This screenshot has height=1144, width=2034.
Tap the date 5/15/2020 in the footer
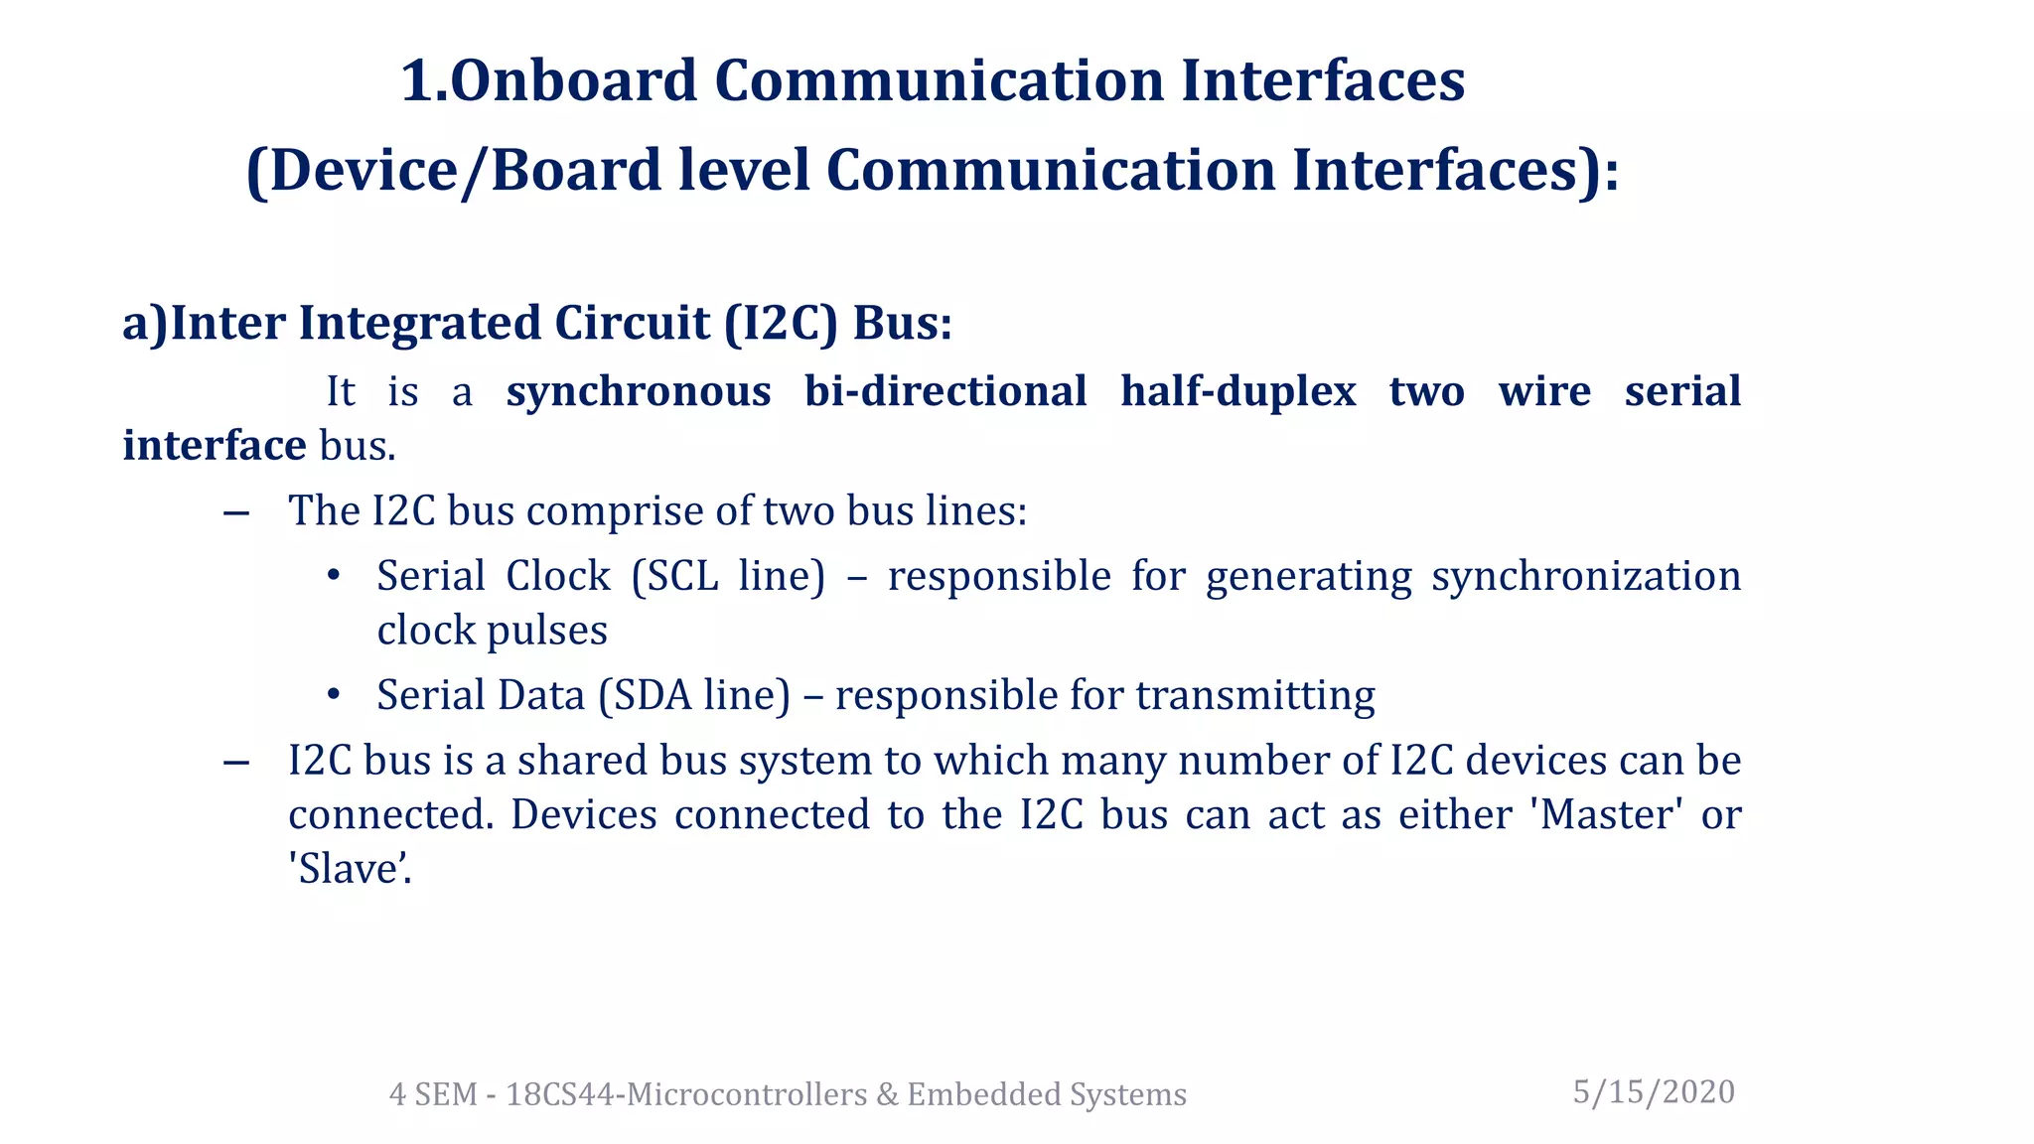(x=1654, y=1091)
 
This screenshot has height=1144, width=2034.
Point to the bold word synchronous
(x=639, y=391)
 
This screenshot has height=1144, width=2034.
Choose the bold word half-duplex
(x=1237, y=391)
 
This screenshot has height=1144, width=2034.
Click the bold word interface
(x=214, y=445)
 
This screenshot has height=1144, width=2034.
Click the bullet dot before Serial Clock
(x=334, y=576)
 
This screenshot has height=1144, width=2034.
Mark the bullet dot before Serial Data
(x=334, y=694)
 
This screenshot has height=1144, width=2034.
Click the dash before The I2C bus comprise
(x=236, y=512)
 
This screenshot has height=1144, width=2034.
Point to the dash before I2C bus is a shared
(x=236, y=762)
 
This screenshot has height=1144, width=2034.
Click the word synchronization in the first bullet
(x=1585, y=576)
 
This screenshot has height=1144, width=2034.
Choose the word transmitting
(x=1255, y=695)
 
